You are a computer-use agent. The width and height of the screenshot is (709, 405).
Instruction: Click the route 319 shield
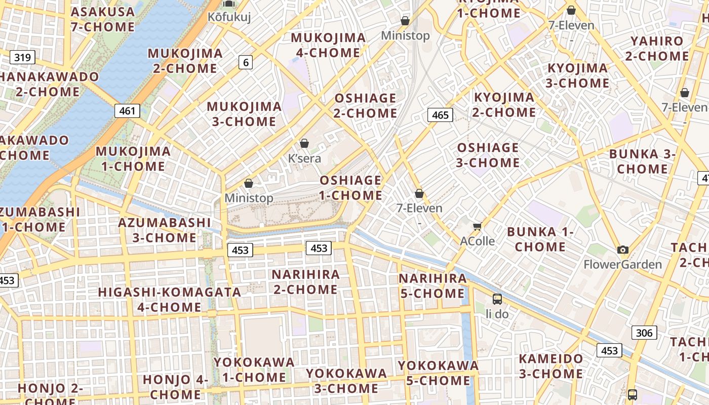pos(22,57)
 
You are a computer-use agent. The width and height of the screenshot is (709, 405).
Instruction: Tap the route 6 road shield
pos(246,62)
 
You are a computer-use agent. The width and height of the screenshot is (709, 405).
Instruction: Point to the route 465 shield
pos(440,115)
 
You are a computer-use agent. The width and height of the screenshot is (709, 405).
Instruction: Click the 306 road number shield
pos(644,333)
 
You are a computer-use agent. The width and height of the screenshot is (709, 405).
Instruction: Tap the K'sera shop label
pos(304,158)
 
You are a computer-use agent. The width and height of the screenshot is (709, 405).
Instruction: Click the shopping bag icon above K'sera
pos(304,144)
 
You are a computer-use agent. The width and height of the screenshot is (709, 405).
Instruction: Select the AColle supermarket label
pos(477,241)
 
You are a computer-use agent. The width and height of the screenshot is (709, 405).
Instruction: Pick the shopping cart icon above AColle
pos(477,226)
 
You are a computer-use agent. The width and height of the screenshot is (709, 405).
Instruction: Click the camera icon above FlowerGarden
pos(622,250)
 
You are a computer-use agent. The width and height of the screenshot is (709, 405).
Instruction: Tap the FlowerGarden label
pos(622,264)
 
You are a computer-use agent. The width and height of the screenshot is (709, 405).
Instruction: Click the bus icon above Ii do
pos(497,299)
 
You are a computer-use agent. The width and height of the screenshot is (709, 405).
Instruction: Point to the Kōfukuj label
pos(229,17)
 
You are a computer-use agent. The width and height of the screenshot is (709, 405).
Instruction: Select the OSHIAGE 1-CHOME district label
pos(350,188)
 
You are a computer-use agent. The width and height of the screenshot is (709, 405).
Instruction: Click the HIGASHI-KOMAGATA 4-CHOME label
pos(169,300)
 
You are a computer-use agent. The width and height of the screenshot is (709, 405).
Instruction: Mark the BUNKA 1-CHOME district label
pos(540,239)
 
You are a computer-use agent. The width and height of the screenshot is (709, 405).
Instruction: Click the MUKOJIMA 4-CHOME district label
pos(328,45)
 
